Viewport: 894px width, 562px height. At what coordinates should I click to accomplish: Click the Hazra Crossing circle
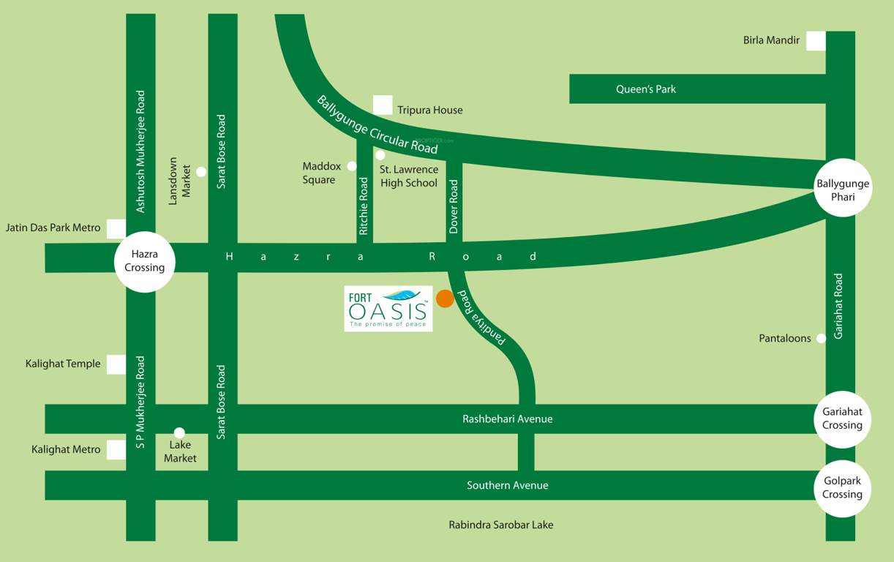click(145, 261)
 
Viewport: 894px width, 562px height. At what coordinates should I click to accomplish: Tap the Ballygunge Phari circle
click(843, 187)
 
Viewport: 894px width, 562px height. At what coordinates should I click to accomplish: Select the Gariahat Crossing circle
click(842, 419)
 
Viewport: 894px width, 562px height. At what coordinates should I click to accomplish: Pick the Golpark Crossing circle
click(842, 488)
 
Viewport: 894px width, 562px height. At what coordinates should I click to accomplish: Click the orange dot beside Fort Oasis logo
click(445, 299)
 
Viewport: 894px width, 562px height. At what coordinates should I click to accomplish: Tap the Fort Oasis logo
click(388, 309)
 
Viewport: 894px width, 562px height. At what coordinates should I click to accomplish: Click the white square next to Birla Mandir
click(816, 41)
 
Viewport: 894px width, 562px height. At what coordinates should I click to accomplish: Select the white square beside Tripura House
click(383, 105)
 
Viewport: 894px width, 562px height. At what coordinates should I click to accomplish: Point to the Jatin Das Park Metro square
click(116, 228)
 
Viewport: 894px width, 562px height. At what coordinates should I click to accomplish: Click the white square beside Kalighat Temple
click(116, 364)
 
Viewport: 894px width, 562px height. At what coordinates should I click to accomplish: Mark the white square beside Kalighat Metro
click(116, 450)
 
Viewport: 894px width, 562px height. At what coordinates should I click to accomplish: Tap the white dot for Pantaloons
click(821, 338)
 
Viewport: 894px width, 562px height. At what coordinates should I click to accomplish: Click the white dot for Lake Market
click(179, 432)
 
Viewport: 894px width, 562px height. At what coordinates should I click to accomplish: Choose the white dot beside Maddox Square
click(352, 166)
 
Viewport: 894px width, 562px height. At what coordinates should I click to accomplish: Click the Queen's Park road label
click(646, 89)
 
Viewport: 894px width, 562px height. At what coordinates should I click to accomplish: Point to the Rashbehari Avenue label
click(508, 419)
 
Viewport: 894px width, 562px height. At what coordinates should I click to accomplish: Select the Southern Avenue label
click(508, 485)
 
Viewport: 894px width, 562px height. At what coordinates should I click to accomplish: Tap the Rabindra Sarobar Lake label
click(501, 525)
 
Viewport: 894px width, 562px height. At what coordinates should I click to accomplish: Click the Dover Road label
click(454, 207)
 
